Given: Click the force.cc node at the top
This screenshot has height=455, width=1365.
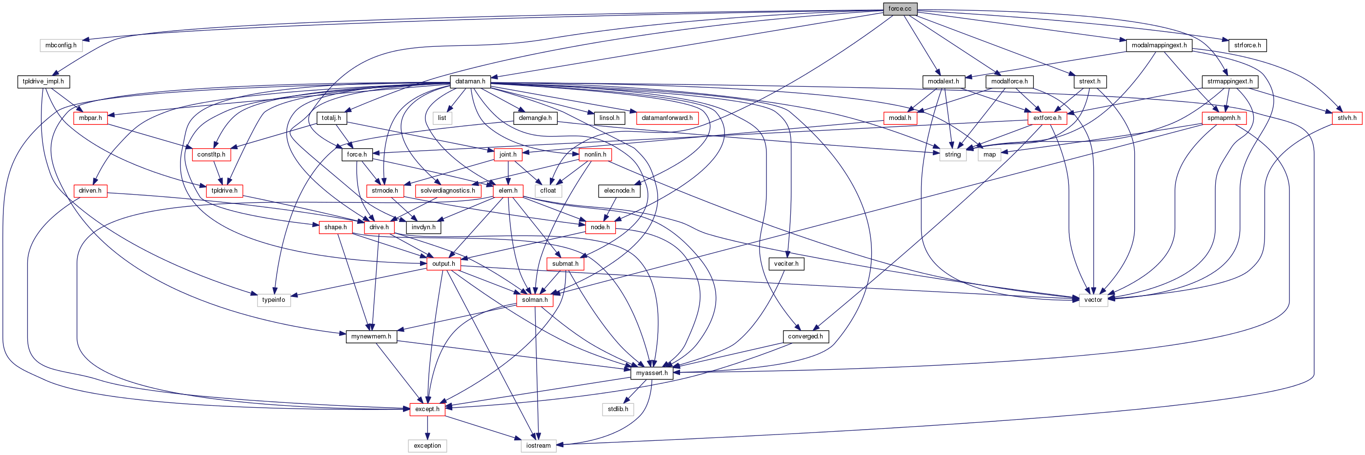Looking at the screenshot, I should click(899, 8).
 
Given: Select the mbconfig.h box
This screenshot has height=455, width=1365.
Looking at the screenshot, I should click(60, 45).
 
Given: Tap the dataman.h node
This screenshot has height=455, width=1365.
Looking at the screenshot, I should click(470, 81).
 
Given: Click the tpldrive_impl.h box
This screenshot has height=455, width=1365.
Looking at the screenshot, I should click(43, 81).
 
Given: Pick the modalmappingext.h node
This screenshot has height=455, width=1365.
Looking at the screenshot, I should click(1159, 45).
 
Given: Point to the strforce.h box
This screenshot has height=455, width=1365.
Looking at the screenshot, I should click(1247, 45).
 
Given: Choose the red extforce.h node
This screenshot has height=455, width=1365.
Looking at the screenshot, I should click(1046, 118).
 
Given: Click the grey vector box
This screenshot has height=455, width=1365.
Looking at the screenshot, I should click(1093, 300).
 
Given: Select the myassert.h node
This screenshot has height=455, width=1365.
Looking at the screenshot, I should click(652, 373).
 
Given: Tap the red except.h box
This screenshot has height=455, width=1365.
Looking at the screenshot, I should click(427, 409).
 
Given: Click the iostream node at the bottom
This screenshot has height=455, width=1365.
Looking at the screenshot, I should click(539, 445).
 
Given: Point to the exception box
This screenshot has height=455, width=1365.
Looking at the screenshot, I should click(427, 445).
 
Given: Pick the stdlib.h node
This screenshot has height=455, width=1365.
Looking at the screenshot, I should click(618, 409).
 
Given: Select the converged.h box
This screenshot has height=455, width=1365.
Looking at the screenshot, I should click(805, 336).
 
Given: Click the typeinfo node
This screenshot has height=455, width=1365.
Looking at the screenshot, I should click(273, 300).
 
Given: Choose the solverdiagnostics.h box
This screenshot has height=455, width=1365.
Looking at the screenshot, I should click(447, 191).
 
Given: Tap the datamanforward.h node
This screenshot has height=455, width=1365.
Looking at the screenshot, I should click(666, 118).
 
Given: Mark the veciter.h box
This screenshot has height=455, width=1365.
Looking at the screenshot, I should click(786, 263).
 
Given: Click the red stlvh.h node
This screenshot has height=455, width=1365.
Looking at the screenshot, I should click(1346, 118).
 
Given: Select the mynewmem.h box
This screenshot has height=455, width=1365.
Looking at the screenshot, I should click(371, 336).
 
